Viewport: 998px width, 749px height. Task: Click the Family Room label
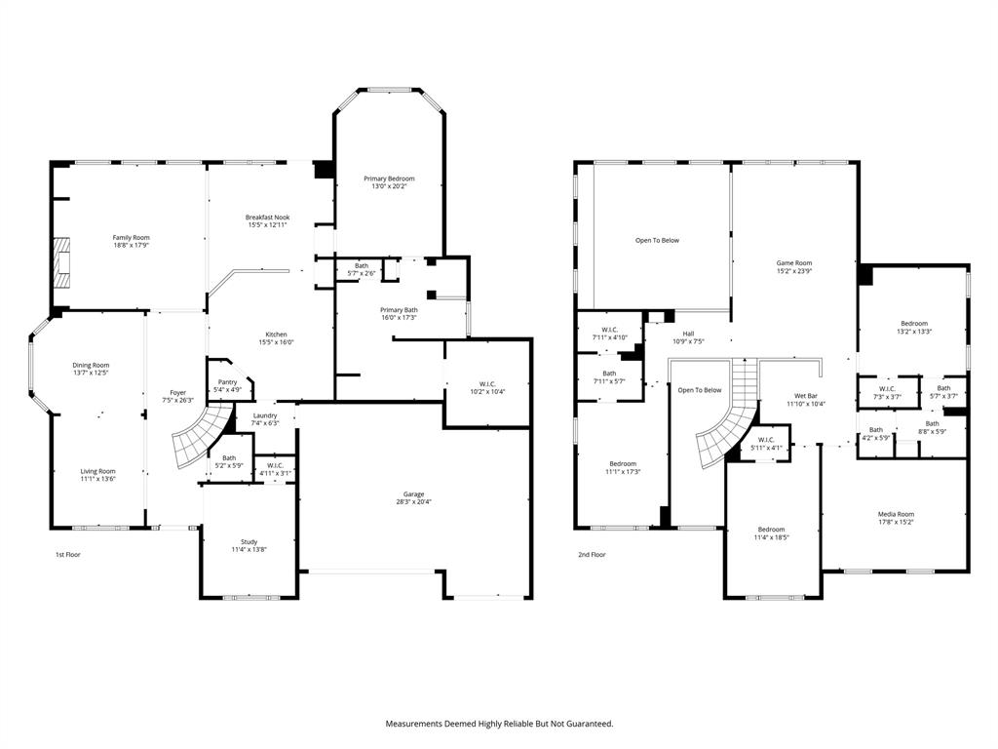pos(131,237)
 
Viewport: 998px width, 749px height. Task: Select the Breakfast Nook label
pos(267,217)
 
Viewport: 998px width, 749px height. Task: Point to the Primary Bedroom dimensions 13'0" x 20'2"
pos(389,187)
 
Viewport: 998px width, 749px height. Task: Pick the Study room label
pos(249,542)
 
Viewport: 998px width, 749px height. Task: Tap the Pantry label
pos(227,382)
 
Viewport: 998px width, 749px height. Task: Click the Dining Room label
pos(91,365)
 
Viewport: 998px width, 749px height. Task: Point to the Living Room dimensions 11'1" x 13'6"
pos(97,479)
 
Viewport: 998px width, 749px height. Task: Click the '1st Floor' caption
pos(67,554)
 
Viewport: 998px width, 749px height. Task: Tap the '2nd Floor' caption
pos(591,554)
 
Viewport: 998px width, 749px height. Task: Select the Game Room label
pos(793,262)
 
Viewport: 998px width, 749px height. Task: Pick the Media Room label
pos(896,514)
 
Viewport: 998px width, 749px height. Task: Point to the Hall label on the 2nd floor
pos(688,333)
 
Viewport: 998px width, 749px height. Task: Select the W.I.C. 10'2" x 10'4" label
pos(486,383)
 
